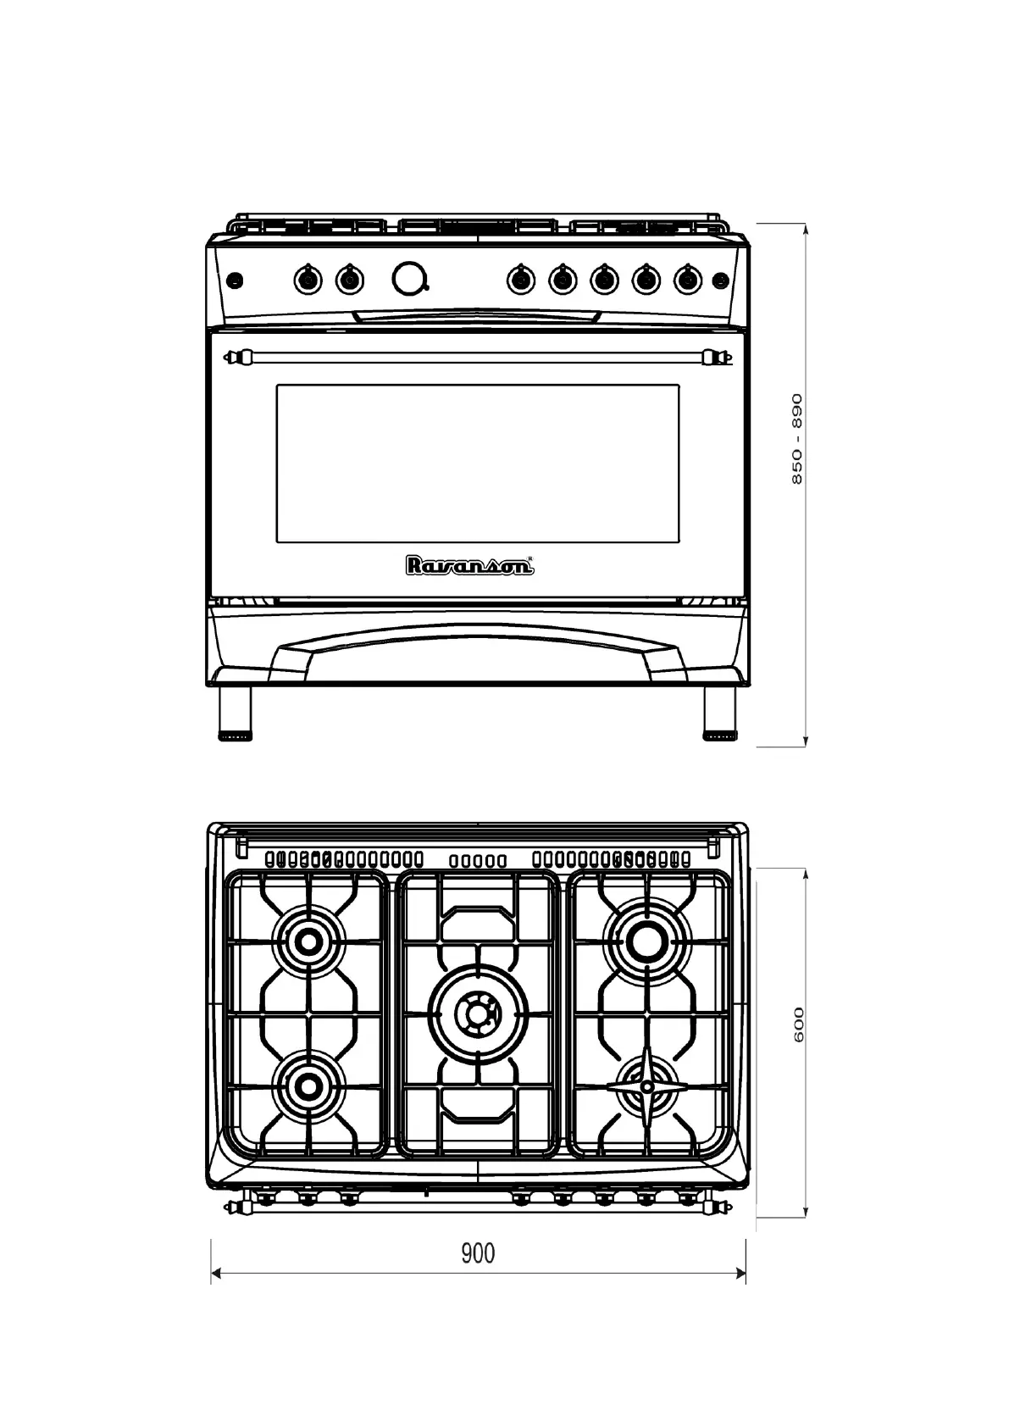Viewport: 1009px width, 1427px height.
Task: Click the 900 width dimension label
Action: click(478, 1252)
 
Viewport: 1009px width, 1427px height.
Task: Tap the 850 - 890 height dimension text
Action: click(797, 439)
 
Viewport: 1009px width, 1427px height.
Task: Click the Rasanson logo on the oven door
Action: click(469, 565)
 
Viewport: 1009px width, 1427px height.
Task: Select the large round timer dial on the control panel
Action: click(410, 279)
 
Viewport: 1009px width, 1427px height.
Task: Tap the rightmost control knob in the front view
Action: click(688, 279)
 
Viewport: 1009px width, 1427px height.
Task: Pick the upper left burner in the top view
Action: click(309, 941)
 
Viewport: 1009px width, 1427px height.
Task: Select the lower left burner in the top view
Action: click(309, 1086)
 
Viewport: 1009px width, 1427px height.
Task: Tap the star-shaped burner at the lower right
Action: click(647, 1086)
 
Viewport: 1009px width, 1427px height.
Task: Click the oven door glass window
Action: click(477, 464)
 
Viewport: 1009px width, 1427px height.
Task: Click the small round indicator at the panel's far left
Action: click(235, 279)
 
